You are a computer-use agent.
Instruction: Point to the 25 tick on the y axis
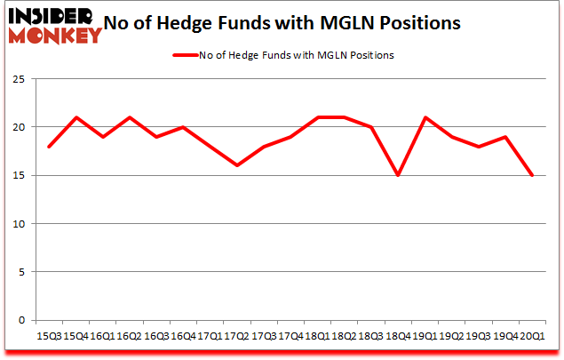[x=18, y=79]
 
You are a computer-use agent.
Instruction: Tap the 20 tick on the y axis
[x=18, y=127]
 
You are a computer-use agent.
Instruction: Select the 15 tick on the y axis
[x=18, y=175]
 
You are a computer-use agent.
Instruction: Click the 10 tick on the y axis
[x=18, y=224]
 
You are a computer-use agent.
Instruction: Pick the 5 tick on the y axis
[x=20, y=272]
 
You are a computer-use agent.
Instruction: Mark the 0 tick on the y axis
[x=20, y=320]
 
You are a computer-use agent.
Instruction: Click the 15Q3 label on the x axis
[x=49, y=335]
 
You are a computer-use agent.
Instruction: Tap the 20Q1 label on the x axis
[x=533, y=335]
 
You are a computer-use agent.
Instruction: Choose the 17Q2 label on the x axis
[x=237, y=335]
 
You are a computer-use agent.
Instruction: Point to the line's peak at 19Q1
[x=425, y=117]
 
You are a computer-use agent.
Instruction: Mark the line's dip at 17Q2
[x=237, y=165]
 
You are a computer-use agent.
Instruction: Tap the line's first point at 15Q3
[x=49, y=147]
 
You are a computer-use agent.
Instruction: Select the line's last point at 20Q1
[x=533, y=175]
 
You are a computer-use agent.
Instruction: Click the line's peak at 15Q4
[x=76, y=117]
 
